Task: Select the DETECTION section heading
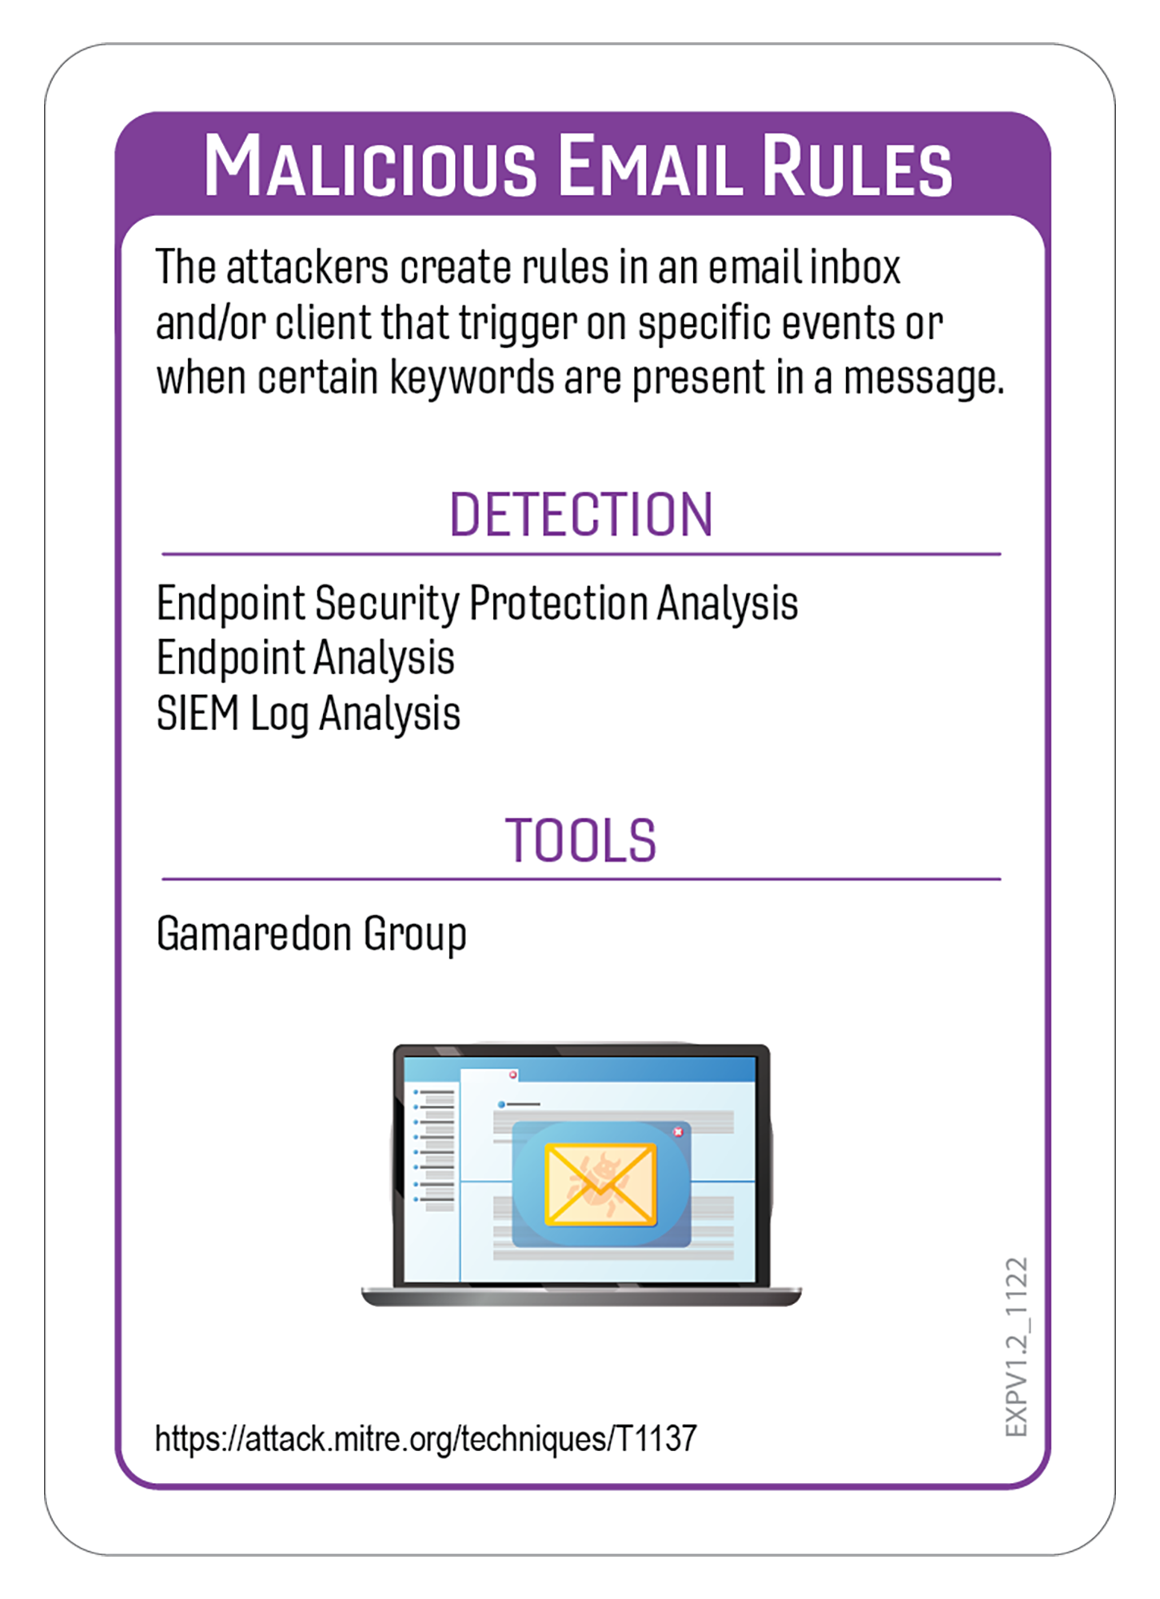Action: click(x=580, y=515)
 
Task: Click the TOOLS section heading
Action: click(x=580, y=840)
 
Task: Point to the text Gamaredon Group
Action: click(x=311, y=934)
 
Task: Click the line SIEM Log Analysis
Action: click(x=308, y=713)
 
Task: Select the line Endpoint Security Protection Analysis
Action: click(x=477, y=603)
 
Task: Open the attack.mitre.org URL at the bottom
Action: click(x=425, y=1438)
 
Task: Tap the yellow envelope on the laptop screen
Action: click(x=600, y=1184)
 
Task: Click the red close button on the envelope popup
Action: click(x=678, y=1131)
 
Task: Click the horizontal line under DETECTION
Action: click(x=580, y=553)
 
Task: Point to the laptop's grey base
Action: click(x=580, y=1297)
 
